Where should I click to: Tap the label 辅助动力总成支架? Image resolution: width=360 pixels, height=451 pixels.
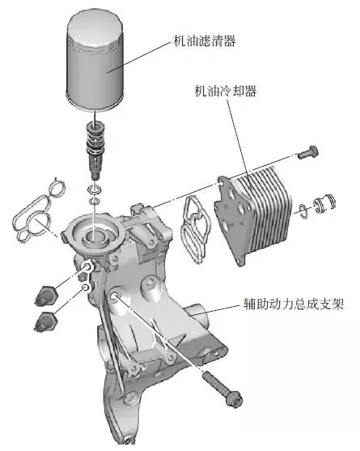pyautogui.click(x=296, y=305)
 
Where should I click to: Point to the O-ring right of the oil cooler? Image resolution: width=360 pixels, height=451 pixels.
pyautogui.click(x=303, y=210)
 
